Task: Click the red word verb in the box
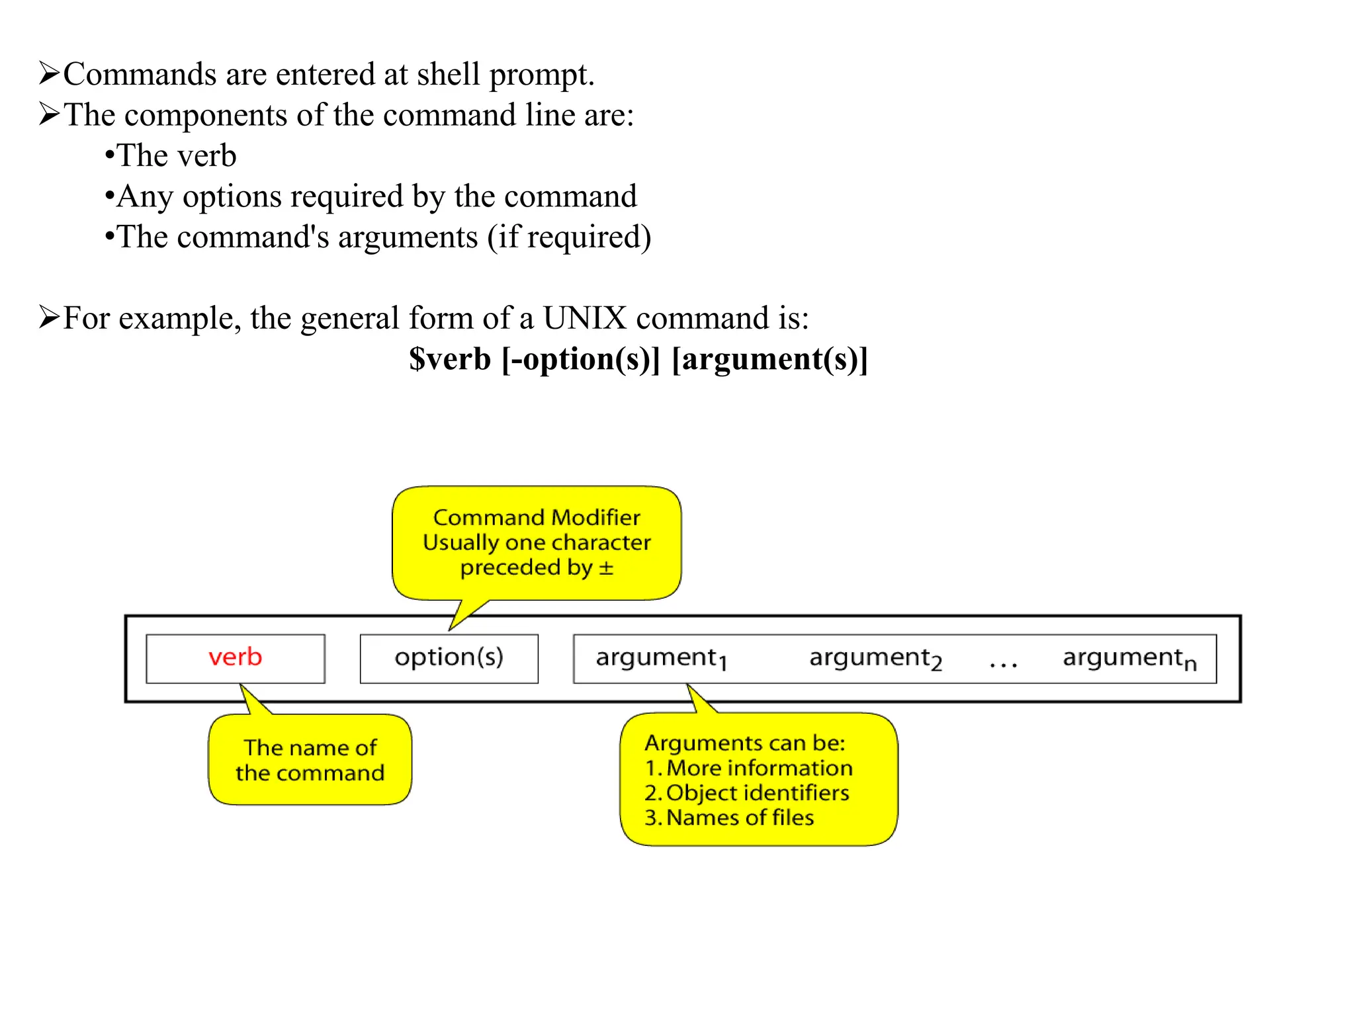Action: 235,657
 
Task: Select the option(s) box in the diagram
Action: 449,658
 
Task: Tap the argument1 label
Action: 661,658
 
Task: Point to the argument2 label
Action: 875,658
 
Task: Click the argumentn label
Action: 1129,658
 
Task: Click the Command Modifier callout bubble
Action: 537,542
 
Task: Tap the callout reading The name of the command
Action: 310,760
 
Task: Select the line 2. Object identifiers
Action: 746,792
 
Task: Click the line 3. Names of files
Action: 729,818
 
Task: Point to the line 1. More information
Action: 748,768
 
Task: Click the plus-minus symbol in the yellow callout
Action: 606,568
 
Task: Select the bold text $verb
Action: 449,359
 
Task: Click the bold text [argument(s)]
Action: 769,359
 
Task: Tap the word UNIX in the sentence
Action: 584,318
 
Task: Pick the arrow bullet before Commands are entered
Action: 49,73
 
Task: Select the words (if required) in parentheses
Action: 570,237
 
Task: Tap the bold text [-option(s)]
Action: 581,359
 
